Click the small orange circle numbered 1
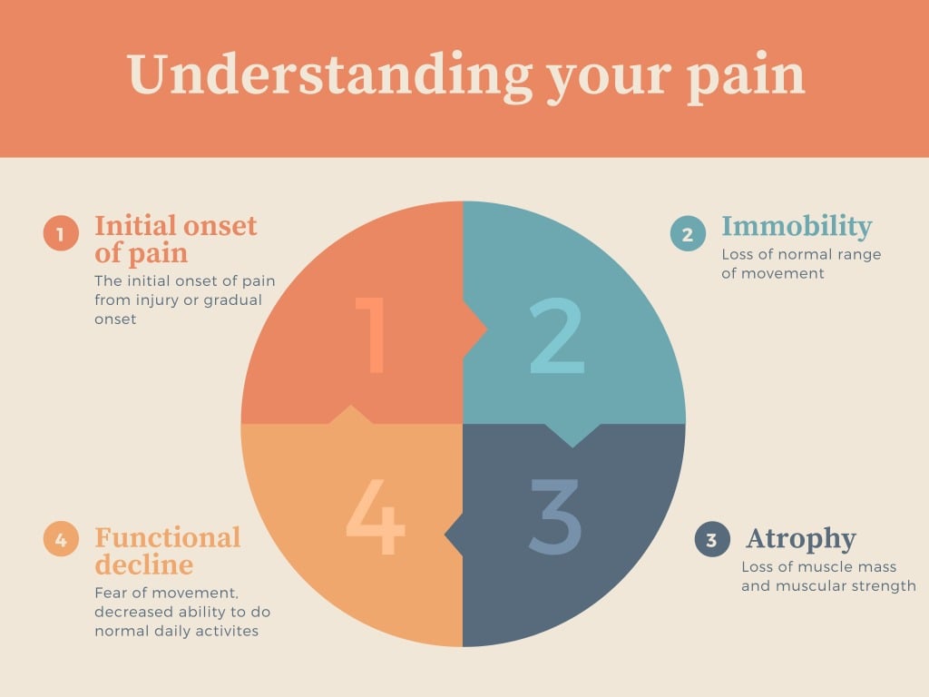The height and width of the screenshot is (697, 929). tap(61, 233)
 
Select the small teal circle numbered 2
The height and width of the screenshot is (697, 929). tap(688, 233)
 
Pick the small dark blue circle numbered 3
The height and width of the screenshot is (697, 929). tap(712, 539)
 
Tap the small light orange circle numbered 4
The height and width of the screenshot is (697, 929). tap(61, 539)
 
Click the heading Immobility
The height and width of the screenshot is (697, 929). tap(797, 227)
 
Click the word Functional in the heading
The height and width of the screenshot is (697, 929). tap(168, 537)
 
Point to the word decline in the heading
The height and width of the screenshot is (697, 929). tap(144, 564)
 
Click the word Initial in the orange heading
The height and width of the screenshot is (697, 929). tap(135, 225)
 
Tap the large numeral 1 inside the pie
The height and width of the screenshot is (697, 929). tap(371, 335)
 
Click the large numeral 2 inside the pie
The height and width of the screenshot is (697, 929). tap(557, 336)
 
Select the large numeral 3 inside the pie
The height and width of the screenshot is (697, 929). tap(554, 516)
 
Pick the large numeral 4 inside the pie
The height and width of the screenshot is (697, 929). tap(375, 516)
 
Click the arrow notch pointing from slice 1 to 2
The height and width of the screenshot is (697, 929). tap(474, 329)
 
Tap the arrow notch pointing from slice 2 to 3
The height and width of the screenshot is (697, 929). tap(572, 436)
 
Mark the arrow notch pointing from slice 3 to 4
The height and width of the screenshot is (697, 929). tap(454, 535)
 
